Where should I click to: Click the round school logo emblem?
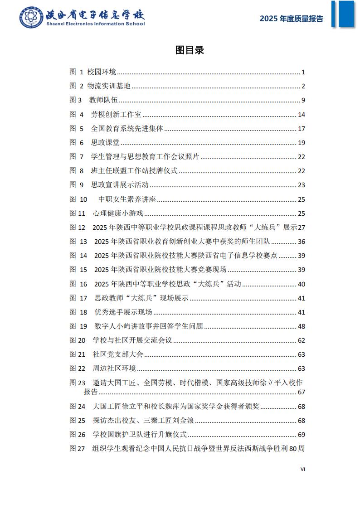pyautogui.click(x=31, y=18)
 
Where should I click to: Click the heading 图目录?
pyautogui.click(x=190, y=50)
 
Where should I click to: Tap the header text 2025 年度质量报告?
pyautogui.click(x=292, y=19)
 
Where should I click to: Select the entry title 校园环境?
pyautogui.click(x=102, y=72)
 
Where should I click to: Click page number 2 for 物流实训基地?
pyautogui.click(x=303, y=87)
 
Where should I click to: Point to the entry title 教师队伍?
pyautogui.click(x=104, y=101)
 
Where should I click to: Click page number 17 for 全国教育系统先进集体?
pyautogui.click(x=302, y=129)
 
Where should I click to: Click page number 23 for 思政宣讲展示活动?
pyautogui.click(x=302, y=185)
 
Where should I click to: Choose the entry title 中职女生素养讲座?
pyautogui.click(x=127, y=199)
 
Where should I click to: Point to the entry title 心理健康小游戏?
pyautogui.click(x=118, y=213)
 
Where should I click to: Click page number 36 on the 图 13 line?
pyautogui.click(x=302, y=242)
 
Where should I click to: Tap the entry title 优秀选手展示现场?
pyautogui.click(x=123, y=312)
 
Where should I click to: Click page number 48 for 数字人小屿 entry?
pyautogui.click(x=302, y=326)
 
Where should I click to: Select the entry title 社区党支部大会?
pyautogui.click(x=118, y=354)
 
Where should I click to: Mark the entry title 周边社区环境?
pyautogui.click(x=114, y=368)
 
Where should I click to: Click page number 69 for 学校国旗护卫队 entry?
pyautogui.click(x=302, y=435)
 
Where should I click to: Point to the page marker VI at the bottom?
pyautogui.click(x=303, y=469)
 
